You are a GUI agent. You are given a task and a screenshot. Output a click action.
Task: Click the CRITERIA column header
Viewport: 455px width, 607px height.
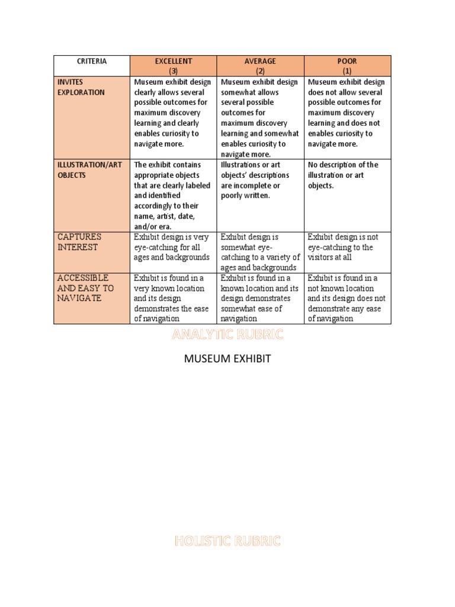click(91, 61)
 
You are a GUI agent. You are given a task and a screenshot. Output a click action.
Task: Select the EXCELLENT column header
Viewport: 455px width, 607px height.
click(173, 61)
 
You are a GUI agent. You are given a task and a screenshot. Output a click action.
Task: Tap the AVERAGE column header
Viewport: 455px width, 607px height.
click(260, 61)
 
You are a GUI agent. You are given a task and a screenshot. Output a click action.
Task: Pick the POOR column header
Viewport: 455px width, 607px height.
click(347, 61)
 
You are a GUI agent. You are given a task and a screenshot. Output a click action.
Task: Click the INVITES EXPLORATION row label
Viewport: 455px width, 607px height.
click(81, 87)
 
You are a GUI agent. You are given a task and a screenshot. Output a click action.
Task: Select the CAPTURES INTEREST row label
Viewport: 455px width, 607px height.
click(78, 242)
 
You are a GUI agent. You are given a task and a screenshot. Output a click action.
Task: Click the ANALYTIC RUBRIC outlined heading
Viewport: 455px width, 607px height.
click(227, 336)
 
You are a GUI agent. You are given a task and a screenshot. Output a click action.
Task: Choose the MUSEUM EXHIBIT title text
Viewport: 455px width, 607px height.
click(227, 359)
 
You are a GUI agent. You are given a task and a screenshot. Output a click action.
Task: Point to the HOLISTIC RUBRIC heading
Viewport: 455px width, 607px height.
click(227, 541)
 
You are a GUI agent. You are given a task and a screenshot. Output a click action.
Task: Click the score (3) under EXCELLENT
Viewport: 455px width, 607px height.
click(173, 71)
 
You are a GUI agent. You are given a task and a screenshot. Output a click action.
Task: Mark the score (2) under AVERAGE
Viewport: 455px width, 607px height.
click(260, 71)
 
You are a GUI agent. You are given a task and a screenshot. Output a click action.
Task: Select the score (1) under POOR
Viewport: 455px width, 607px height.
click(347, 71)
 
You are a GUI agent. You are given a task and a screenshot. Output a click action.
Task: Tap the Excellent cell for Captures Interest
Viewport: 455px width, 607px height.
click(172, 247)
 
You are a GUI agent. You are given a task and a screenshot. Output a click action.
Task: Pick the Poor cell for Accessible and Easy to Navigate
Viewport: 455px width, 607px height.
click(347, 298)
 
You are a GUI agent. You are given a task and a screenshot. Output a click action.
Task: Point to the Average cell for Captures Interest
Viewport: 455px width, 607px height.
click(260, 252)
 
